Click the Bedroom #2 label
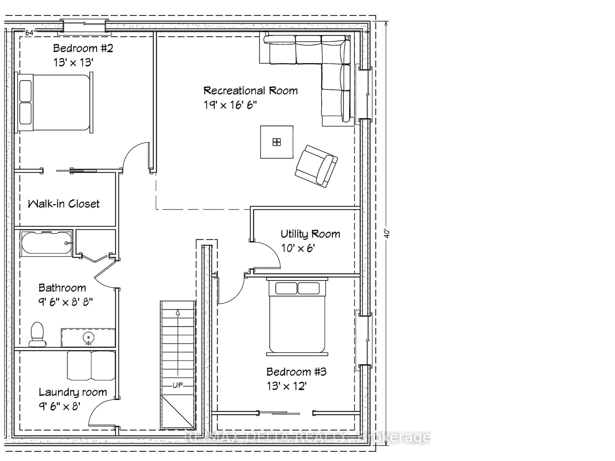(x=83, y=48)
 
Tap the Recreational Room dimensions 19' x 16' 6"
(x=230, y=105)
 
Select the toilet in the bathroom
(x=37, y=334)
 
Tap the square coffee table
(x=276, y=142)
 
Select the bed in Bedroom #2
(x=54, y=102)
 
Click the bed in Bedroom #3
(x=297, y=317)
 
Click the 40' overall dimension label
(x=387, y=233)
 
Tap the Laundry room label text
(x=73, y=392)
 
